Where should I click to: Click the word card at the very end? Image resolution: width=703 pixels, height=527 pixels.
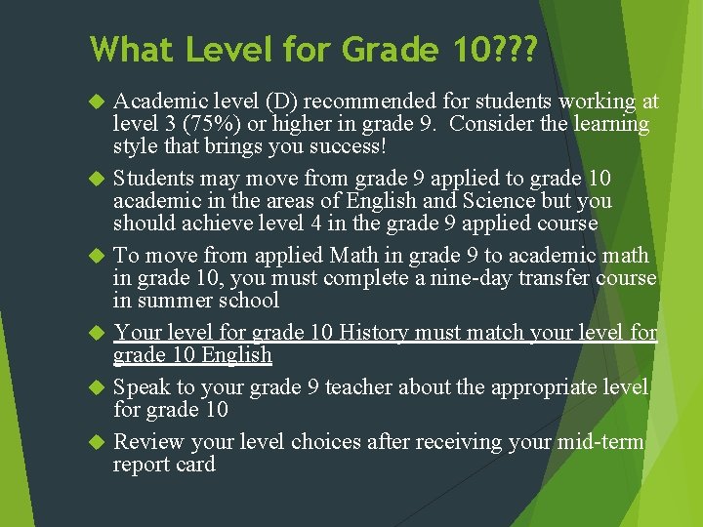[194, 465]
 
